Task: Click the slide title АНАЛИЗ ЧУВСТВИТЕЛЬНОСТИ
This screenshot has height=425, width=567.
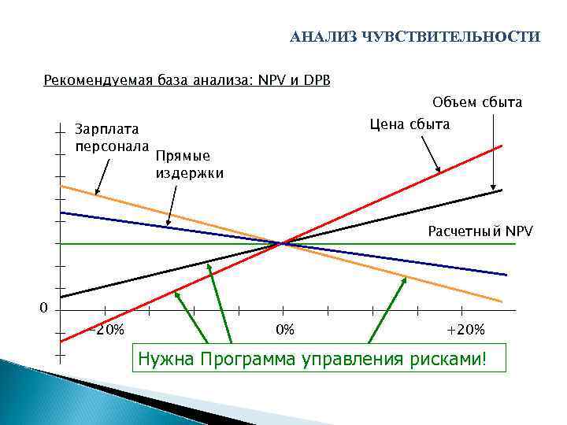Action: [415, 38]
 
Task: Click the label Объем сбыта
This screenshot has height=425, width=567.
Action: [477, 102]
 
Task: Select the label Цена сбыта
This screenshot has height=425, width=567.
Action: [409, 124]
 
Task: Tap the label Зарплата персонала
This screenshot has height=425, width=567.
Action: [111, 137]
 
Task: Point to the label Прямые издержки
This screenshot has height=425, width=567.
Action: [189, 164]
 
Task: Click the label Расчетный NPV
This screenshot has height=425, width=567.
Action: [480, 231]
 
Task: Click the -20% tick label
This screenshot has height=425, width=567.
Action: [106, 330]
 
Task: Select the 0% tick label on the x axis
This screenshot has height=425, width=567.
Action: [283, 330]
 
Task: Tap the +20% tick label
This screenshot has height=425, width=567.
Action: [465, 330]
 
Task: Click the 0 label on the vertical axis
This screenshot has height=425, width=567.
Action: [44, 307]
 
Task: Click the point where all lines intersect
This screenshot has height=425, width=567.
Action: [282, 244]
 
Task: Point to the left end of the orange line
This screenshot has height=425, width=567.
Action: [61, 187]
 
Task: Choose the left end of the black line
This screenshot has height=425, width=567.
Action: [61, 297]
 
